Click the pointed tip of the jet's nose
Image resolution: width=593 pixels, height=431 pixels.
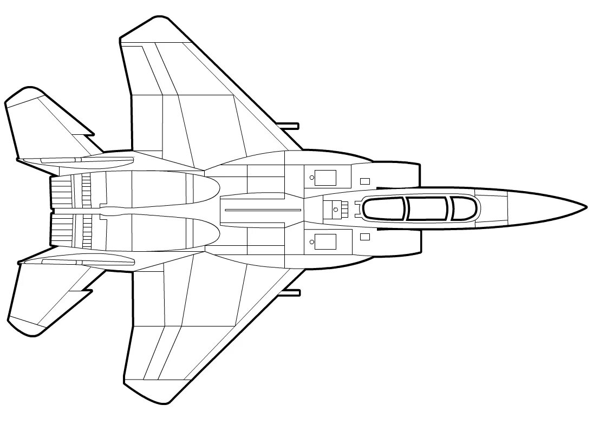point(585,206)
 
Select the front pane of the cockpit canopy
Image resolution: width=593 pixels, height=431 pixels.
point(465,208)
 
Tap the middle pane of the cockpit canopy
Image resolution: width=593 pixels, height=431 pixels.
point(428,208)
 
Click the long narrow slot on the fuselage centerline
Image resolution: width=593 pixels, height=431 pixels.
point(263,210)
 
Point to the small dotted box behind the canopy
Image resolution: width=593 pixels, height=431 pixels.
point(336,208)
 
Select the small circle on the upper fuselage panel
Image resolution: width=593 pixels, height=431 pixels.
point(312,177)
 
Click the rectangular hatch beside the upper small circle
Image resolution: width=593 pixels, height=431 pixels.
point(325,178)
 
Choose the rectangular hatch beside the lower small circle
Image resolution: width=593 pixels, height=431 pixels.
point(325,241)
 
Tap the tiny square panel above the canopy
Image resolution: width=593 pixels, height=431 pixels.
point(365,181)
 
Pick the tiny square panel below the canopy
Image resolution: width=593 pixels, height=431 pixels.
point(365,237)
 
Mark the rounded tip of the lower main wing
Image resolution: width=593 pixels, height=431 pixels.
point(157,398)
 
